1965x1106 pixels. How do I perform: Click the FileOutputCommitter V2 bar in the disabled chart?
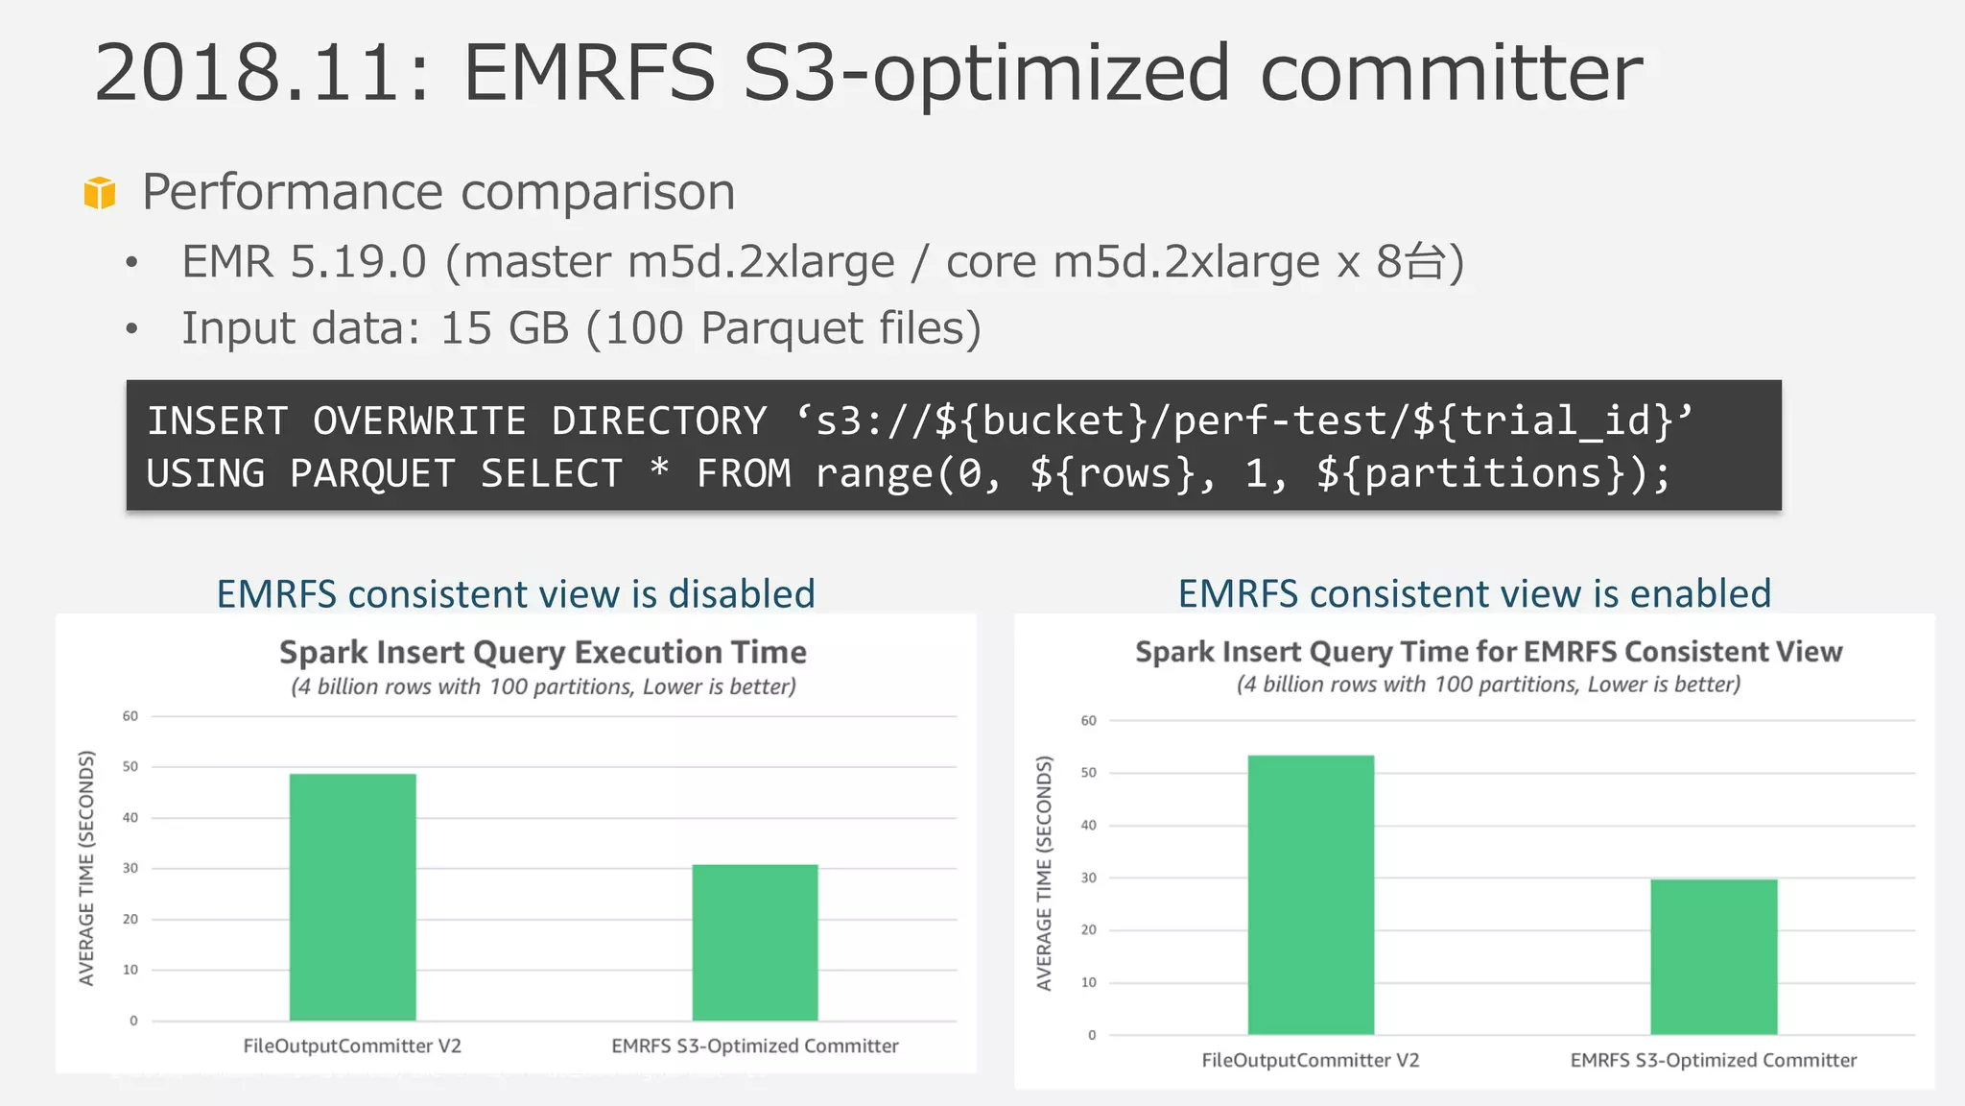(352, 897)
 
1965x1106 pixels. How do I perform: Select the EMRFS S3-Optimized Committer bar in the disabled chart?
(755, 942)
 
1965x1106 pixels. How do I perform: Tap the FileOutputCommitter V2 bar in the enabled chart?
(1311, 895)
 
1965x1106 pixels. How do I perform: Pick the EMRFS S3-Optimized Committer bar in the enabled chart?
(1714, 956)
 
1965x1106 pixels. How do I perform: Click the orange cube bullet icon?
(100, 192)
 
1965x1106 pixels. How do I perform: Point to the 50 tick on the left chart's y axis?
(130, 767)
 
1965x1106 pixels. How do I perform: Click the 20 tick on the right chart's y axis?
(1089, 930)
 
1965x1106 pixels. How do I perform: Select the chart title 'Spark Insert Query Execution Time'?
(543, 653)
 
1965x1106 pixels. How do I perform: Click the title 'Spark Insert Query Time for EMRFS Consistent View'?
(1488, 652)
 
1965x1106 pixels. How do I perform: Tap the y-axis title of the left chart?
(87, 868)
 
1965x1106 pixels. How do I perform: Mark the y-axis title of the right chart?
(1045, 873)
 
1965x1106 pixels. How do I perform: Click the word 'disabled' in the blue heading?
(741, 594)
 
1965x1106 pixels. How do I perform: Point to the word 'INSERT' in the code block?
(218, 421)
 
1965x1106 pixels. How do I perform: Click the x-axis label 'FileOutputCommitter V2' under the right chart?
(1311, 1061)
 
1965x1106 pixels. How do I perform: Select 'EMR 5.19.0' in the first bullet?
(304, 262)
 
